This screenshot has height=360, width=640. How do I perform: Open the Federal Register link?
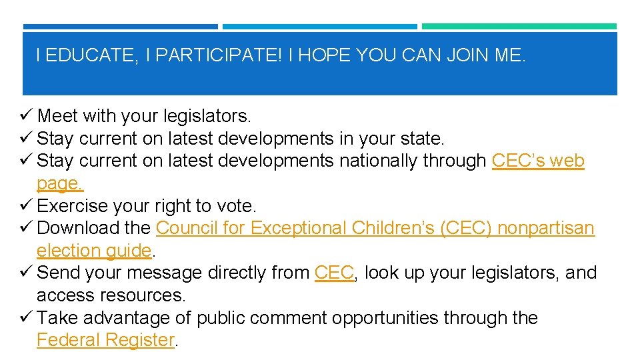(x=105, y=340)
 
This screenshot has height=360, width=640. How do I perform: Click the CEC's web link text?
(x=537, y=161)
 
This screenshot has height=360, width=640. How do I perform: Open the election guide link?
(x=94, y=251)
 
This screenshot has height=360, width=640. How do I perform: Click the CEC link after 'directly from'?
(x=334, y=273)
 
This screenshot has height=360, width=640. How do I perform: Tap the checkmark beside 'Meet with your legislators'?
(x=27, y=116)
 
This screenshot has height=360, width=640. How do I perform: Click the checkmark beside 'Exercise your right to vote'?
(x=27, y=205)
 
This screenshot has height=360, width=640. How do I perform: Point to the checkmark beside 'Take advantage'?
(x=27, y=318)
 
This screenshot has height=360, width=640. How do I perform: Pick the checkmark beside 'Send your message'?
(x=27, y=273)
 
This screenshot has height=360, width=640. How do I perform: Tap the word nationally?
(x=379, y=161)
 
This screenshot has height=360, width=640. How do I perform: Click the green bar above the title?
(x=519, y=27)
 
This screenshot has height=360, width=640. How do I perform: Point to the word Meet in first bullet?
(x=57, y=116)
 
